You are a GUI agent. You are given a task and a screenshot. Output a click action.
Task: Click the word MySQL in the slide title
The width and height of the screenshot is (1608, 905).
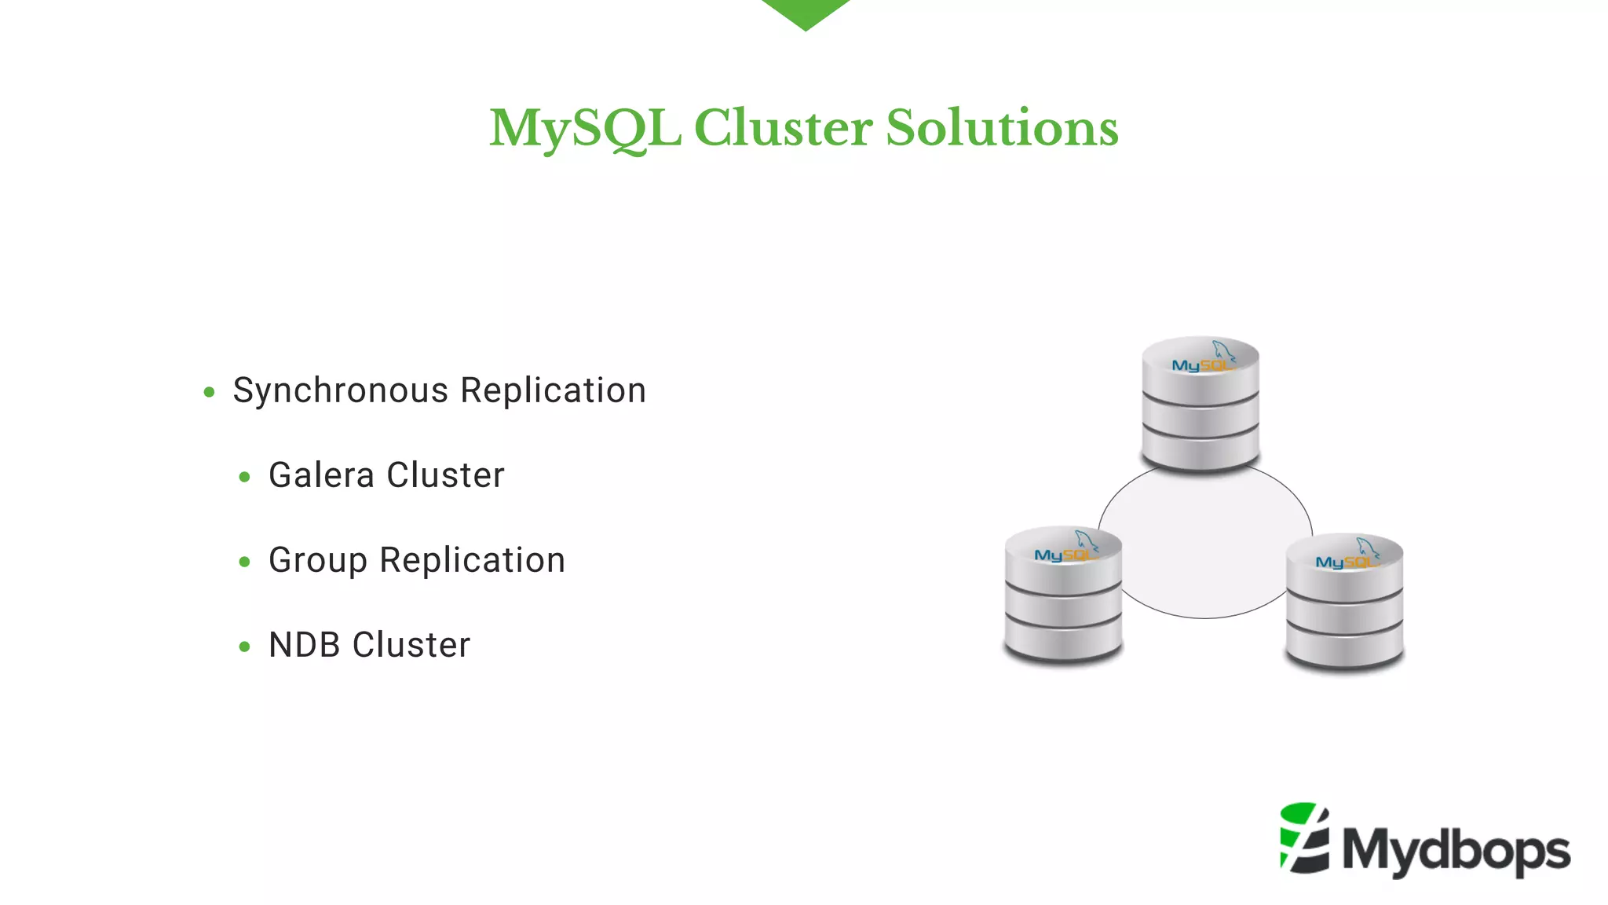pos(584,128)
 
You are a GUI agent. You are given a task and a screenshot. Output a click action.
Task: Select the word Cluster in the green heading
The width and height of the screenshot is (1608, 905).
pos(783,128)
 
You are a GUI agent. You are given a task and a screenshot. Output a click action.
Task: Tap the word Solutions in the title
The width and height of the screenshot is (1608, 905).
pos(1002,128)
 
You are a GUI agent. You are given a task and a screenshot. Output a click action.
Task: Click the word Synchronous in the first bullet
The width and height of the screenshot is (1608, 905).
pos(341,391)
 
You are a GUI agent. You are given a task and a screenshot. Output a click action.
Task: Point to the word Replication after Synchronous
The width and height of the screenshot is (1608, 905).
pos(553,391)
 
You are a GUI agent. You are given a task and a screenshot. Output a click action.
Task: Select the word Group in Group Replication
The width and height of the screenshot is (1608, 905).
pos(317,561)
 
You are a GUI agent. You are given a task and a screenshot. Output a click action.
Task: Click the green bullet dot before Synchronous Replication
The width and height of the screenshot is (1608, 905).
pos(209,392)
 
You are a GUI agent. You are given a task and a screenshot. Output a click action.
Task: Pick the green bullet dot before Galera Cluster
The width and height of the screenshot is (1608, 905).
pos(244,477)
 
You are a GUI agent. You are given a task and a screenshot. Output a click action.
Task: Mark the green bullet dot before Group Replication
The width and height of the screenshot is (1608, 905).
pos(244,562)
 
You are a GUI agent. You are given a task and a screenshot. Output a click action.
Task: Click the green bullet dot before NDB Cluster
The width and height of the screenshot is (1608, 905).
pos(244,647)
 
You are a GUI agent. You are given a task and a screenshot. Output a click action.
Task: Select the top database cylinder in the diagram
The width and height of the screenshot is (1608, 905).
pos(1200,405)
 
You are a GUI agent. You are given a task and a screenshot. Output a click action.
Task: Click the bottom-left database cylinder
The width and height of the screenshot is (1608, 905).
pos(1063,595)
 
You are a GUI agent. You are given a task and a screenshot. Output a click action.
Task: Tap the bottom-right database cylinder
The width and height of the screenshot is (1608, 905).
pos(1344,602)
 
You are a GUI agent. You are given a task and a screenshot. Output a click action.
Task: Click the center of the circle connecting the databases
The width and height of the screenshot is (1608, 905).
pos(1204,542)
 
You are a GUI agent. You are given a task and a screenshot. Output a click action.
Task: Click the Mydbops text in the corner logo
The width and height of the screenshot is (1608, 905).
pos(1456,851)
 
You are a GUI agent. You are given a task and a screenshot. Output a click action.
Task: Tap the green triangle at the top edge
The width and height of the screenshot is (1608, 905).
pos(805,12)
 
